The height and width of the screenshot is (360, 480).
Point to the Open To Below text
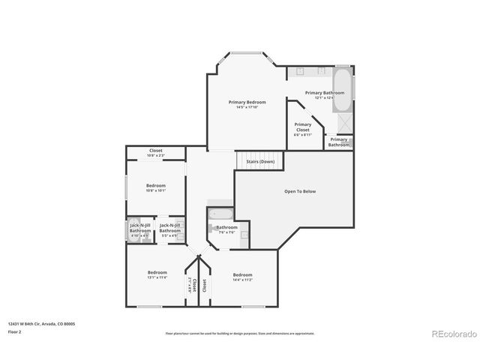tap(299, 191)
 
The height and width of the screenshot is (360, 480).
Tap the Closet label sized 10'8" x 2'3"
tap(156, 150)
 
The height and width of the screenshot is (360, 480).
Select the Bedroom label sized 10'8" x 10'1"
tap(156, 185)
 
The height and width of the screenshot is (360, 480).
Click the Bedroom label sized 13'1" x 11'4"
tap(157, 272)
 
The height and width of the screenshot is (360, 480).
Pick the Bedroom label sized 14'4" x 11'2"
tap(242, 274)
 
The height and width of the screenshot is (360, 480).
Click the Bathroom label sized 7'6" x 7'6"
tap(226, 227)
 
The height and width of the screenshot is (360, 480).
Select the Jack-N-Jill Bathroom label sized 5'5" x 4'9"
tap(169, 227)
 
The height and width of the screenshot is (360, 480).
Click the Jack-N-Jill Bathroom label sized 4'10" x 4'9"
tap(140, 227)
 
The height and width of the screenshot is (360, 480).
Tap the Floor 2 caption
tap(14, 331)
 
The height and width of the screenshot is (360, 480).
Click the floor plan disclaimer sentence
tap(240, 333)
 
